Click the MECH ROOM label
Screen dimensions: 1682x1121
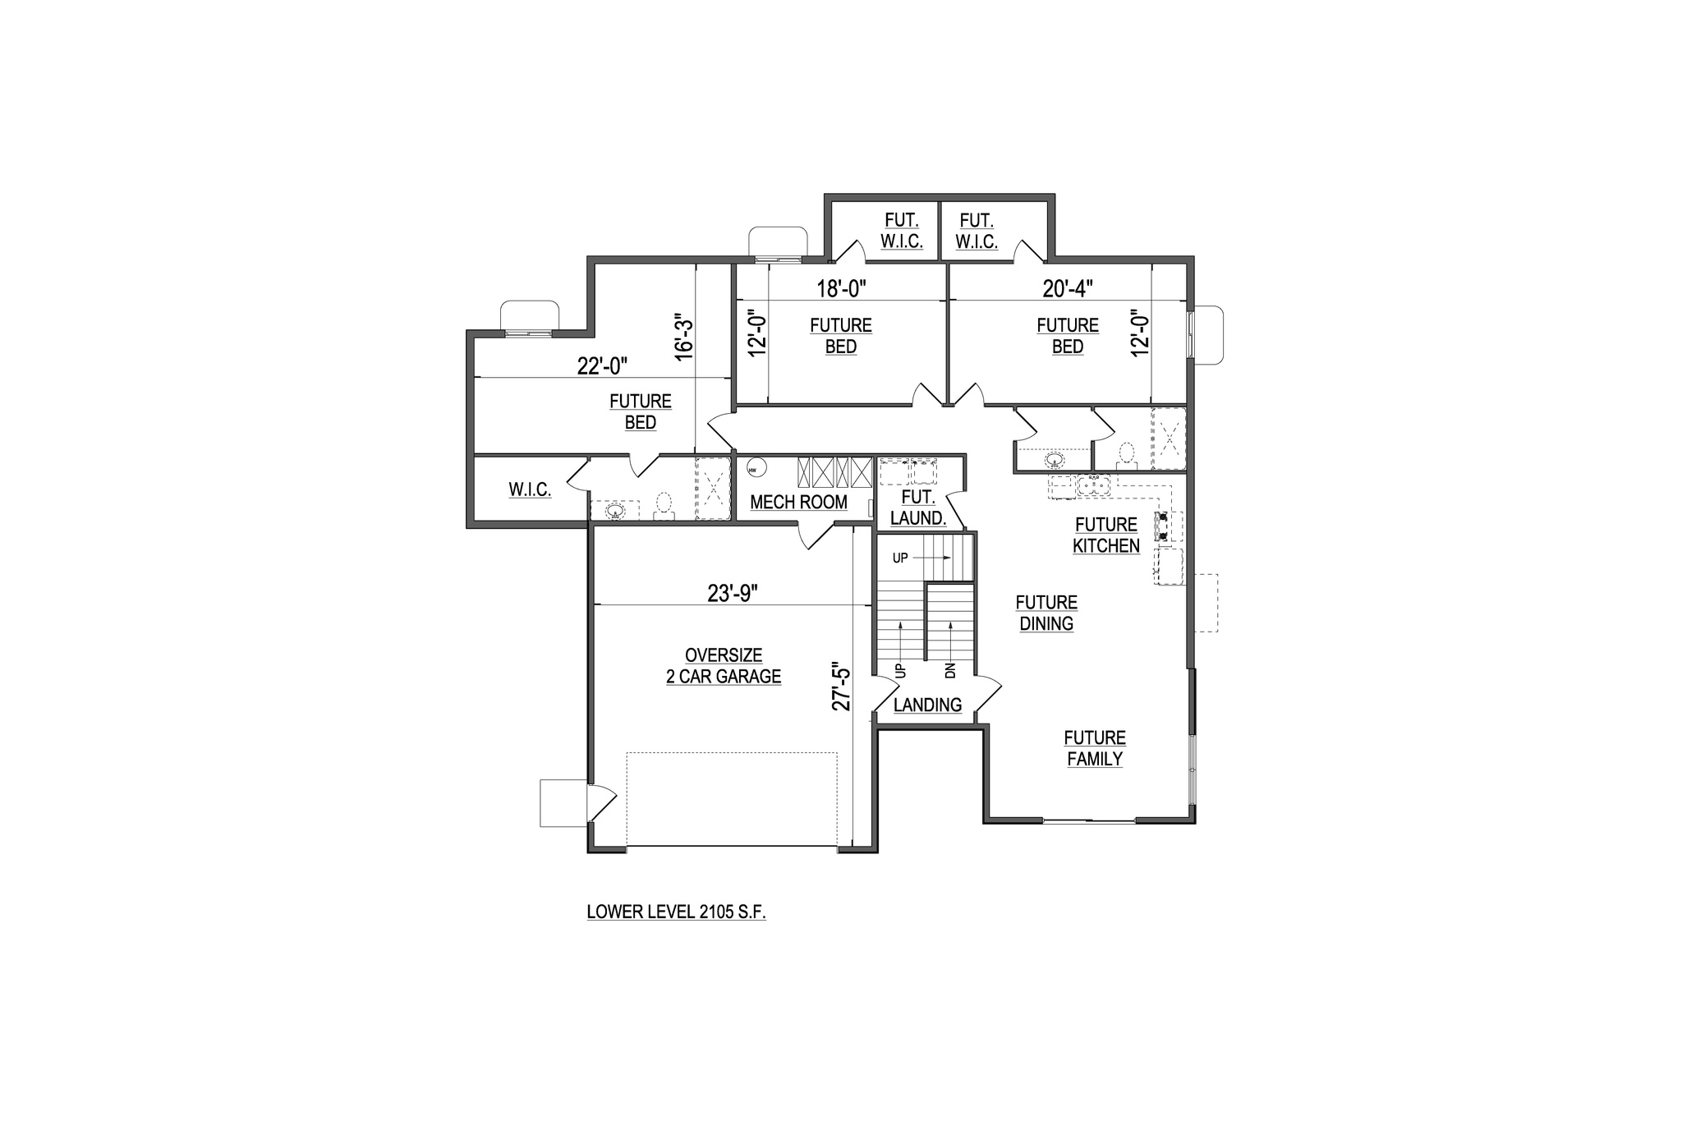pyautogui.click(x=798, y=502)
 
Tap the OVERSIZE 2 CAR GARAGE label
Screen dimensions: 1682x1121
pyautogui.click(x=724, y=666)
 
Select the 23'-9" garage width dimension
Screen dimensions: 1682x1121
pyautogui.click(x=733, y=593)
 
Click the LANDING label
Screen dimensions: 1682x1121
pyautogui.click(x=927, y=705)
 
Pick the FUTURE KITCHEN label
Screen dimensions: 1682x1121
pyautogui.click(x=1106, y=535)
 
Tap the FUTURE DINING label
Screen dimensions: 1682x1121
pyautogui.click(x=1046, y=613)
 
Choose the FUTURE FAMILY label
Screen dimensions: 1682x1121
pyautogui.click(x=1095, y=748)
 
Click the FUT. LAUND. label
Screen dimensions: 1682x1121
pyautogui.click(x=918, y=508)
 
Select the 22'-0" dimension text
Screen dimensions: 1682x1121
pyautogui.click(x=603, y=365)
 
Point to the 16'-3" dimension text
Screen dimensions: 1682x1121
pyautogui.click(x=684, y=335)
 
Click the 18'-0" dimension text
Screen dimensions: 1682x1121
pyautogui.click(x=842, y=288)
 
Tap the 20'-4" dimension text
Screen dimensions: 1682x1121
pyautogui.click(x=1068, y=288)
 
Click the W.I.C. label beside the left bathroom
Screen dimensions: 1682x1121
pyautogui.click(x=530, y=489)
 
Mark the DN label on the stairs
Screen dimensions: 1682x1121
pyautogui.click(x=951, y=670)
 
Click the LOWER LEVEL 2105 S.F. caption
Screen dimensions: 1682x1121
pyautogui.click(x=677, y=912)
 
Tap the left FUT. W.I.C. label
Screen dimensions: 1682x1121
pyautogui.click(x=902, y=231)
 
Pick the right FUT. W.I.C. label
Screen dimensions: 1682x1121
pyautogui.click(x=977, y=231)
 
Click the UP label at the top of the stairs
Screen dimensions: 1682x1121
pyautogui.click(x=900, y=558)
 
